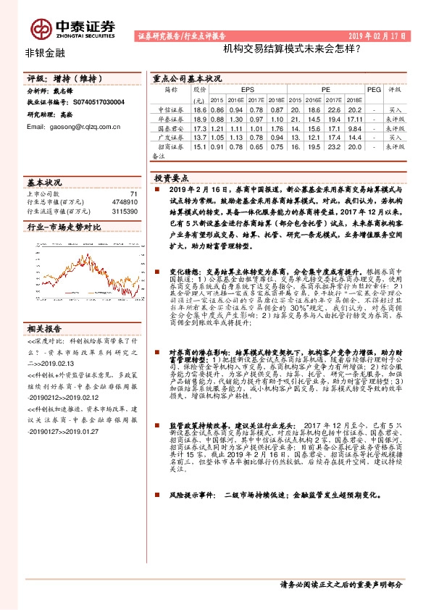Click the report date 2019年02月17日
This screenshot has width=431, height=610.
[x=378, y=35]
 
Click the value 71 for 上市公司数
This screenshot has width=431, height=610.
[x=133, y=194]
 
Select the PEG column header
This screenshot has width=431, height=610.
[x=373, y=89]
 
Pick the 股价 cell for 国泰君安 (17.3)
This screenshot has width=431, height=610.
[x=200, y=128]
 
